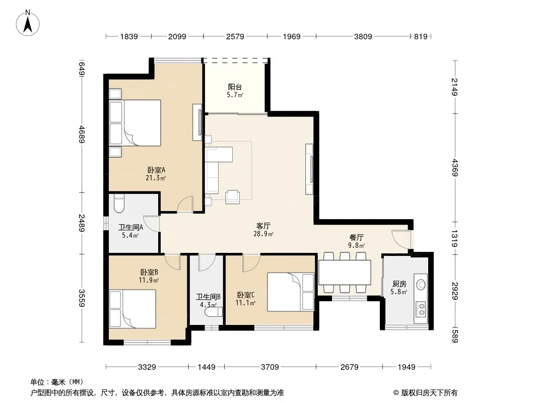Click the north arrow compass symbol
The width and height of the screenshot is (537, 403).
pos(28,23)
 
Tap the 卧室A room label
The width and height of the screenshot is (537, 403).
pos(156,170)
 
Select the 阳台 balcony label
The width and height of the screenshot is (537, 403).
pos(235,87)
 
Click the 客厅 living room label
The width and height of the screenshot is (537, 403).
pos(263,226)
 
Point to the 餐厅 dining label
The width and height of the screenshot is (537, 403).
pos(357,237)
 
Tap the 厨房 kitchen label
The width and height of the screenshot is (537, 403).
pos(399,284)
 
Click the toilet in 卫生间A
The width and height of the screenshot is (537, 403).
pos(119,203)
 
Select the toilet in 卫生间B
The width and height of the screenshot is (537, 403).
pos(214,312)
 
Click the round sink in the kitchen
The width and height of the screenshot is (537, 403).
pos(421,284)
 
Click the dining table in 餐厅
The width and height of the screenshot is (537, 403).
pos(345,273)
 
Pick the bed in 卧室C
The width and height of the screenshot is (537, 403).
pos(291,292)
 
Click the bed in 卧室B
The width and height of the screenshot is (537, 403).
pos(132,309)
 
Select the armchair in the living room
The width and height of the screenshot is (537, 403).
pos(233,196)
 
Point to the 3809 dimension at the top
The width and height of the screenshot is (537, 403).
pos(363,36)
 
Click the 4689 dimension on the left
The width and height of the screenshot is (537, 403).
pos(82,134)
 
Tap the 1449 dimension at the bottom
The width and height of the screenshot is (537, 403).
pos(207,367)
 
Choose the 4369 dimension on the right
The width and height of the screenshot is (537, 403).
pos(454,167)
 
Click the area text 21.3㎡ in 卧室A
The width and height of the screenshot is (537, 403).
pos(156,178)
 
